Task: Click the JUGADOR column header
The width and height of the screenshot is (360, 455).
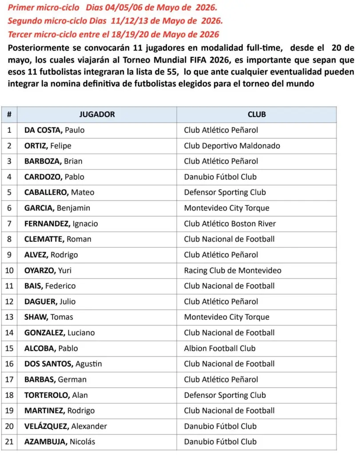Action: (x=97, y=114)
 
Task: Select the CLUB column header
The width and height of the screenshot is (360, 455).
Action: (x=257, y=114)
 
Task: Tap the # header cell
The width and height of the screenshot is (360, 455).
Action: (x=9, y=114)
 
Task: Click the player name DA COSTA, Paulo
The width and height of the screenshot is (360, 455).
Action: (x=54, y=130)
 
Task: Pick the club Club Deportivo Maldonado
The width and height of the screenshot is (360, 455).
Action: (x=232, y=146)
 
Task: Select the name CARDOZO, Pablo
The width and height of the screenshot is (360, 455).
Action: (x=54, y=177)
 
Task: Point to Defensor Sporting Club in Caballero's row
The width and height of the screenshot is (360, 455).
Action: (x=225, y=192)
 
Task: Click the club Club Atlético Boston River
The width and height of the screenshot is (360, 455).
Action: (x=229, y=224)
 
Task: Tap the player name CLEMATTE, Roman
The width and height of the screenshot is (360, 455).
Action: (x=58, y=239)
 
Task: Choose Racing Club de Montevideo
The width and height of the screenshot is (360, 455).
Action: (x=232, y=270)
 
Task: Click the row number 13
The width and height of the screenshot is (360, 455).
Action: (x=9, y=317)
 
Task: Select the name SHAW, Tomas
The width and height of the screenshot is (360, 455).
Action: (x=49, y=317)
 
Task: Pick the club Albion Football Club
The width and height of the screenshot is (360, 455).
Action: (x=220, y=348)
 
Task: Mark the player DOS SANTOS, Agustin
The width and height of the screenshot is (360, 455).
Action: (x=63, y=364)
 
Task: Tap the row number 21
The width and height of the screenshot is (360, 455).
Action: (x=9, y=442)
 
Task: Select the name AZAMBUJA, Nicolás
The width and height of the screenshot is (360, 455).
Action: (x=59, y=442)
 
